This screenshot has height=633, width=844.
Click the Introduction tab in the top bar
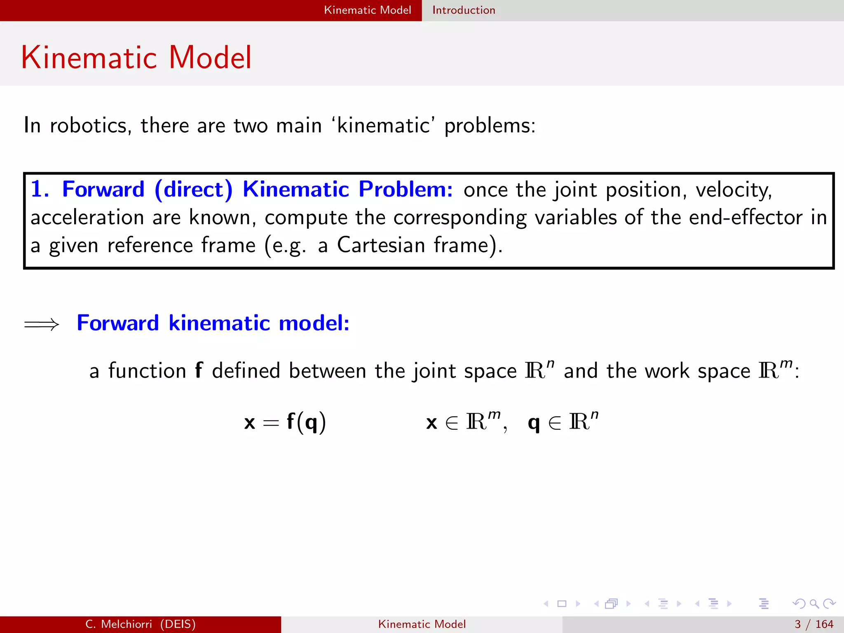click(464, 10)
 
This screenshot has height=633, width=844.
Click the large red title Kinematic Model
click(136, 57)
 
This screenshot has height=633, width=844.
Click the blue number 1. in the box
click(40, 190)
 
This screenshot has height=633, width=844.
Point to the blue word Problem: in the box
click(406, 190)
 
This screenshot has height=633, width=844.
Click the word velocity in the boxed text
click(734, 190)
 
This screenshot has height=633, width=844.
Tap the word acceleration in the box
click(87, 217)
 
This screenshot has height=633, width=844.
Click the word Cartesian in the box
click(381, 245)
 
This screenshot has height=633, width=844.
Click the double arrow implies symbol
click(42, 324)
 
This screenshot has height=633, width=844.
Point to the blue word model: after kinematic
click(314, 323)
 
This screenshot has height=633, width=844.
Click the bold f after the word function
click(199, 370)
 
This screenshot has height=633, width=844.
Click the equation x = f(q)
click(285, 422)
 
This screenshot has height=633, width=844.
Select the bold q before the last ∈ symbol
click(534, 423)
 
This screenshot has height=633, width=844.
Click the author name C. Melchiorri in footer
click(119, 624)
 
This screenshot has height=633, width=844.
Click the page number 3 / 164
click(814, 624)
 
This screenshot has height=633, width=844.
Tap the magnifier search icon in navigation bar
click(814, 604)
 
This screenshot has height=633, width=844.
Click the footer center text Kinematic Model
click(422, 624)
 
